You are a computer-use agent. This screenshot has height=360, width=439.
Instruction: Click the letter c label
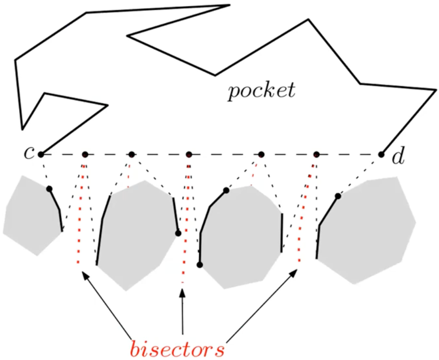click(x=29, y=153)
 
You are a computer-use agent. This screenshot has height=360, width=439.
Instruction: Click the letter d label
click(x=398, y=156)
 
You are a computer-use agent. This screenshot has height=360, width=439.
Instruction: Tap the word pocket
click(x=262, y=91)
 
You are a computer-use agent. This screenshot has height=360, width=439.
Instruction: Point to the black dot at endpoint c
click(x=41, y=154)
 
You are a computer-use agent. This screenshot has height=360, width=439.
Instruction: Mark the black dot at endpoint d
click(x=381, y=154)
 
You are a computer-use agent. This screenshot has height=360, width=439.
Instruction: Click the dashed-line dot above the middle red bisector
click(x=189, y=154)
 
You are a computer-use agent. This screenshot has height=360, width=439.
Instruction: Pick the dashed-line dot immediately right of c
click(x=85, y=154)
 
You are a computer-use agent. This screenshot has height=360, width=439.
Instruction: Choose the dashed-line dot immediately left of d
click(x=316, y=154)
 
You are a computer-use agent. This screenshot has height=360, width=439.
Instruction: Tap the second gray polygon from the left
click(x=137, y=235)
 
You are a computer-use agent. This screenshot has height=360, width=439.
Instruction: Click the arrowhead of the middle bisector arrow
click(x=183, y=293)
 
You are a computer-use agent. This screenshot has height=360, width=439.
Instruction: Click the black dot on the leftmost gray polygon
click(x=49, y=189)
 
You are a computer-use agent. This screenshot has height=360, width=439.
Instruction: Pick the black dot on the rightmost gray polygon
click(x=338, y=196)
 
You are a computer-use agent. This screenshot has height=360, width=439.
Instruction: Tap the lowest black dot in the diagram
click(x=200, y=265)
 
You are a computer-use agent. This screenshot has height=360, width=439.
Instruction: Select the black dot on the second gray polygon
click(x=178, y=233)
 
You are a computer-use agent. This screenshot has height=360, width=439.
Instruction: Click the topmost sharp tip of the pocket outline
click(x=230, y=5)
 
